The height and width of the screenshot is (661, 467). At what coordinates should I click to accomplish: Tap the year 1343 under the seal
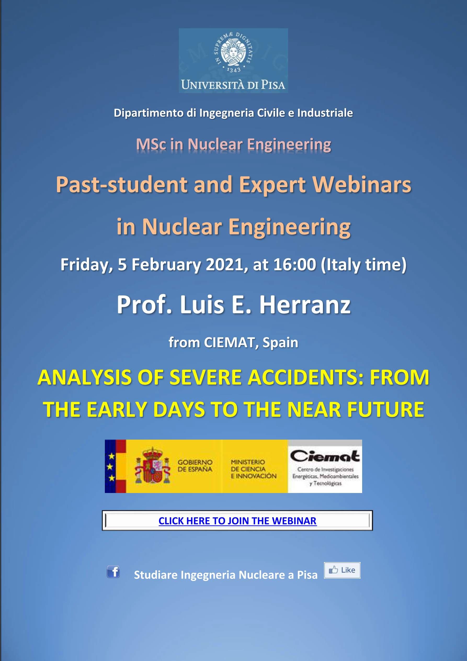tap(233, 70)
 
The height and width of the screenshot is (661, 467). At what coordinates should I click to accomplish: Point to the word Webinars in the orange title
tap(362, 184)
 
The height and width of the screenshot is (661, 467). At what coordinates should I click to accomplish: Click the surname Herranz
tap(305, 305)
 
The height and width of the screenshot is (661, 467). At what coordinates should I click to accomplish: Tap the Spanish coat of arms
tap(152, 466)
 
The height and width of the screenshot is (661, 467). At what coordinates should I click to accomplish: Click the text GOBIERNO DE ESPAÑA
tap(195, 466)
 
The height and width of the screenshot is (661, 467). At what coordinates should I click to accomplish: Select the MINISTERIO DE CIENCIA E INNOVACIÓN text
tap(253, 469)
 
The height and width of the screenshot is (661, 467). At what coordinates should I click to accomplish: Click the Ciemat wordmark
tap(325, 456)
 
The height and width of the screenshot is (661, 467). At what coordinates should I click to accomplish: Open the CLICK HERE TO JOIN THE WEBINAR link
tap(237, 521)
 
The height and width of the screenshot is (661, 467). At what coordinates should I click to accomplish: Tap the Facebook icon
tap(113, 572)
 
